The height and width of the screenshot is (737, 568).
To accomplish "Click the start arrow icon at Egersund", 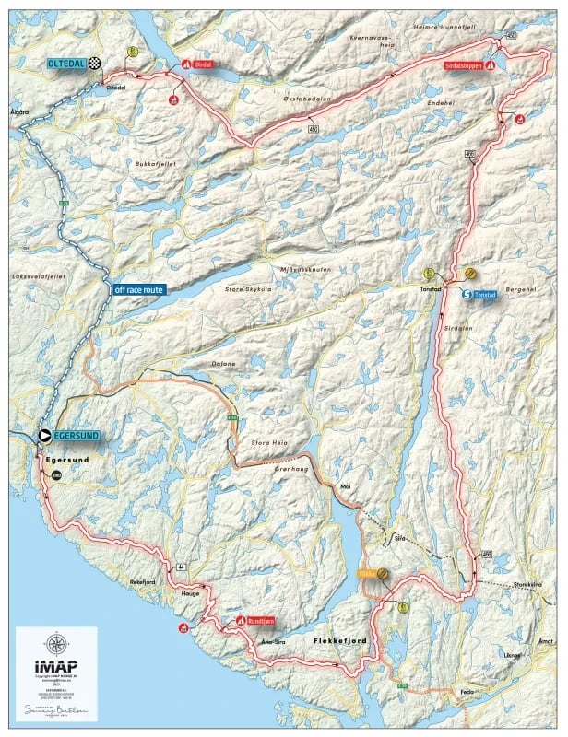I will pos(42,436).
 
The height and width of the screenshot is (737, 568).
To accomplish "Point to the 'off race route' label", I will pos(138,289).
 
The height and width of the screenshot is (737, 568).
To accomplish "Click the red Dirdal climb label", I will pos(205,64).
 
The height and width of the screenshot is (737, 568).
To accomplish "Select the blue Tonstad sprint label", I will pos(485,295).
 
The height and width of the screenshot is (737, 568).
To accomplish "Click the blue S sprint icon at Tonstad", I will pos(467,295).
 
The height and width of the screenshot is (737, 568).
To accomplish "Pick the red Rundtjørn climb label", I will pos(257,621).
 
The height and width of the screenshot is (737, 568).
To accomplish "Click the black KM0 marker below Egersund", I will pos(55,474).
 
